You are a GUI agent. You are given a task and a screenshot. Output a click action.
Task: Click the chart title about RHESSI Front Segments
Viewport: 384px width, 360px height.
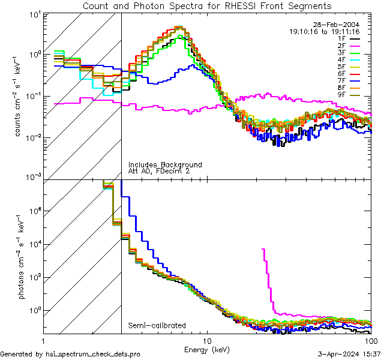(x=207, y=5)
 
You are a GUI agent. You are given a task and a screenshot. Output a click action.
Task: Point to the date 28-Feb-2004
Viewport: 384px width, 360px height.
(x=341, y=24)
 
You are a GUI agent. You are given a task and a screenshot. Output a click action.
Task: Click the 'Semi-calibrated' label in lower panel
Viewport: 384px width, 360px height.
(x=156, y=326)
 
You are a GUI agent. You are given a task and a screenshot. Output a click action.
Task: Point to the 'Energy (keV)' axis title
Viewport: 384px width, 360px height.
(x=207, y=349)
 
